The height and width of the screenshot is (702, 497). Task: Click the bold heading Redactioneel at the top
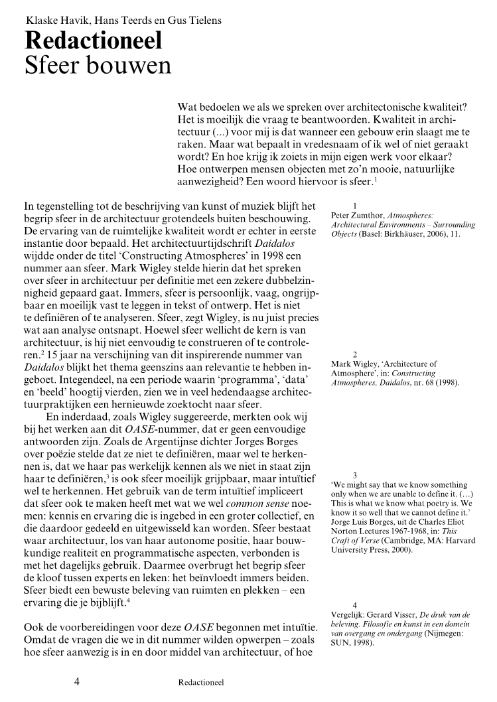coord(93,41)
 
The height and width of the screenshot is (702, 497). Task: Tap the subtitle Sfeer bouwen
coord(98,66)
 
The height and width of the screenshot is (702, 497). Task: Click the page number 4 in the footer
coord(78,680)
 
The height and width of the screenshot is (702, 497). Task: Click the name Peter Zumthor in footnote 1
coord(358,215)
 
